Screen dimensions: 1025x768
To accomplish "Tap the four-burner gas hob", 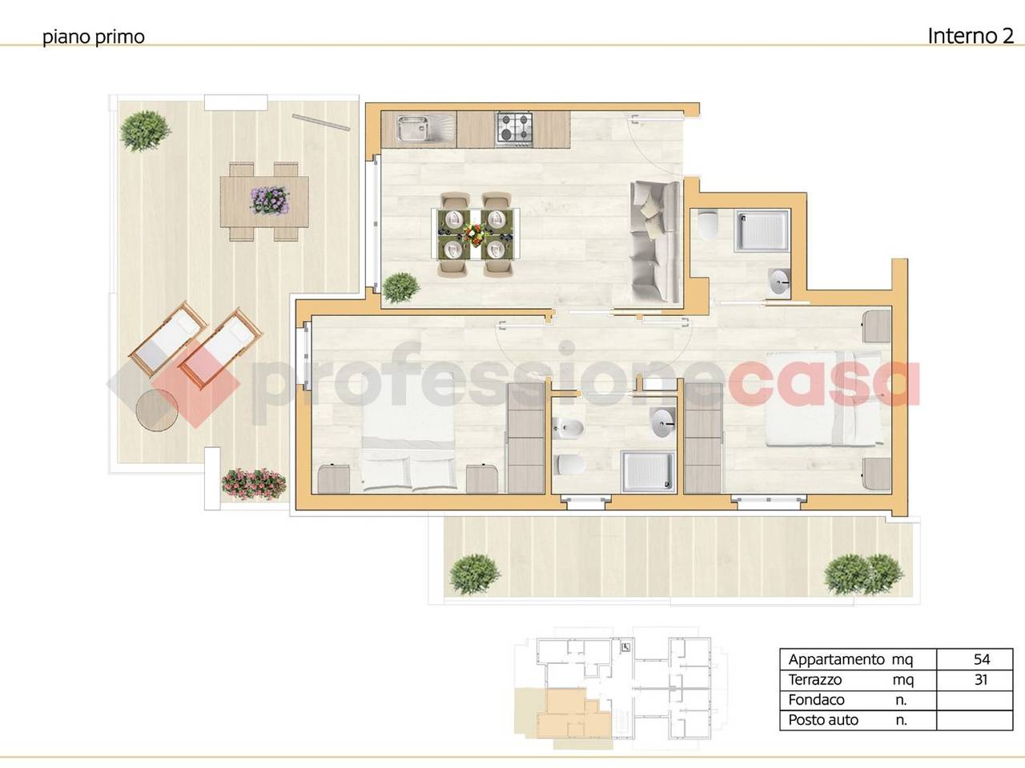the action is (514, 127).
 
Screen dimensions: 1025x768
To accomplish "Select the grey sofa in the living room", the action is (655, 241).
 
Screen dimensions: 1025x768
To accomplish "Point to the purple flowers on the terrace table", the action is (269, 201).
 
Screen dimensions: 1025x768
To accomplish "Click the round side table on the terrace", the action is (157, 410).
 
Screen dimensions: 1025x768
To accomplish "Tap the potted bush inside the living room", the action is (400, 287).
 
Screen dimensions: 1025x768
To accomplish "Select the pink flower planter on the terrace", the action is (254, 483).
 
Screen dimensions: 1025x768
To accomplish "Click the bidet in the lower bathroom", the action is (569, 427).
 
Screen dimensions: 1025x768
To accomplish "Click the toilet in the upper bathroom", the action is (708, 225).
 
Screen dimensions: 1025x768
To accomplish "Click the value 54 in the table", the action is (982, 659).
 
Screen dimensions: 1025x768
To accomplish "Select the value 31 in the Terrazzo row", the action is (981, 679).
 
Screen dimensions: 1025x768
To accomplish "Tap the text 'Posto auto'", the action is (823, 720).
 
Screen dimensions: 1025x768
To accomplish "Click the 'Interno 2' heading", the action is (971, 36).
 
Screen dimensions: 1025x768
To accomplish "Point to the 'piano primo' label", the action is (94, 37).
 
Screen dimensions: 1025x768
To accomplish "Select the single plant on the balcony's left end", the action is (474, 574).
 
